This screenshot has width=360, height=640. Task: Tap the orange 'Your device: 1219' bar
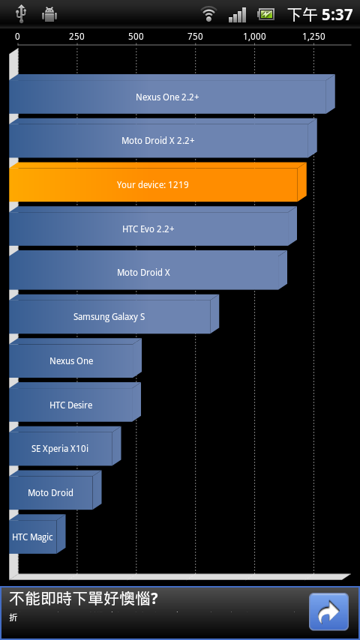pos(157,182)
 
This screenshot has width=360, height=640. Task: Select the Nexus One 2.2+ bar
pos(172,94)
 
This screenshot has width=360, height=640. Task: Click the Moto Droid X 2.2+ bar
pos(163,139)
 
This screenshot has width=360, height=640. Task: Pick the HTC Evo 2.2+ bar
pos(153,226)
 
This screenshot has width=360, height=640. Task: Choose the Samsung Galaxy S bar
pos(113,314)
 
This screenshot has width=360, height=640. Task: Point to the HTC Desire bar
pos(75,402)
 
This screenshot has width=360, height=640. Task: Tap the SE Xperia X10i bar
pos(65,446)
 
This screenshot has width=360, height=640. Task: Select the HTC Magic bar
pos(37,534)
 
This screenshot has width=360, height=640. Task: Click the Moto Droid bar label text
pos(50,492)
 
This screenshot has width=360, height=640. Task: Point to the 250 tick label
pos(76,37)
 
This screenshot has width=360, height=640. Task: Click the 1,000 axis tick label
pos(254,37)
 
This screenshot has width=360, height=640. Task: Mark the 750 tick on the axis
pos(195,37)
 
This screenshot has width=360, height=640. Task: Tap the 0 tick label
pos(17,37)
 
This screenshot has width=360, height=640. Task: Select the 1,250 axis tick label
pos(313,37)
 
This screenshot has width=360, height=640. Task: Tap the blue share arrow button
pos(328,612)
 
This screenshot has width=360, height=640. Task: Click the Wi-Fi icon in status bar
pos(208,14)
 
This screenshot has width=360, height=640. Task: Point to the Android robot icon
pos(49,14)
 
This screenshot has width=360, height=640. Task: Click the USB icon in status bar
pos(20,14)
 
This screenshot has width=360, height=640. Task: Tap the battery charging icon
pos(265,14)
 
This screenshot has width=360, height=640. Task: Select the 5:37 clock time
pos(337,15)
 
